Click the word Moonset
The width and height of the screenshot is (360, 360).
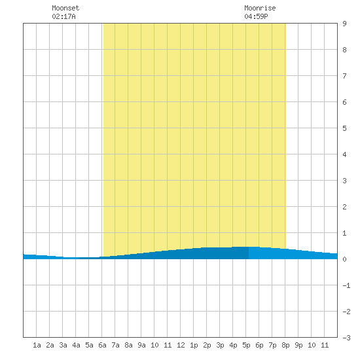tap(65, 8)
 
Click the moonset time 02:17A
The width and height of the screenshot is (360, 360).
tap(63, 16)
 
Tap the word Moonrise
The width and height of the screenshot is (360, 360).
tap(260, 8)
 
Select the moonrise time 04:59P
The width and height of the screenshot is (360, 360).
tap(256, 16)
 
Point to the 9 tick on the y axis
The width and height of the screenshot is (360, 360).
tap(344, 24)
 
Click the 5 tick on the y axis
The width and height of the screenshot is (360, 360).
tap(344, 128)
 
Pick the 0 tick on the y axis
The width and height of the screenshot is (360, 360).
tap(344, 259)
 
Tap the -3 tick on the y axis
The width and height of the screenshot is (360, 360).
tap(346, 338)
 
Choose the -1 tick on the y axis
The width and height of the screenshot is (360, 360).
tap(346, 285)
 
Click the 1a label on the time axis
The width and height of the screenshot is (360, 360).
tap(37, 345)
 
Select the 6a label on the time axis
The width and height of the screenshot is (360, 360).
tap(102, 345)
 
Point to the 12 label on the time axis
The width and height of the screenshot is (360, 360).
tap(181, 345)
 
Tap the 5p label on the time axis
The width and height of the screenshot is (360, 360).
tap(246, 345)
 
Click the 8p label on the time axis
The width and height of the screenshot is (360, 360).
tap(285, 345)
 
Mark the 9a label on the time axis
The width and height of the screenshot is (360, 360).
tap(141, 345)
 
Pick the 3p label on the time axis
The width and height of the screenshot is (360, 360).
tap(220, 345)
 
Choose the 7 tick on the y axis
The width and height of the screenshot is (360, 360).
tap(344, 76)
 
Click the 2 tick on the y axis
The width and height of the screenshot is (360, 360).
tap(344, 207)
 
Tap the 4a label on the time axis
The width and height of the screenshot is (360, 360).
tap(76, 345)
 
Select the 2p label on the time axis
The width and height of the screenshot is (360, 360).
tap(207, 345)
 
